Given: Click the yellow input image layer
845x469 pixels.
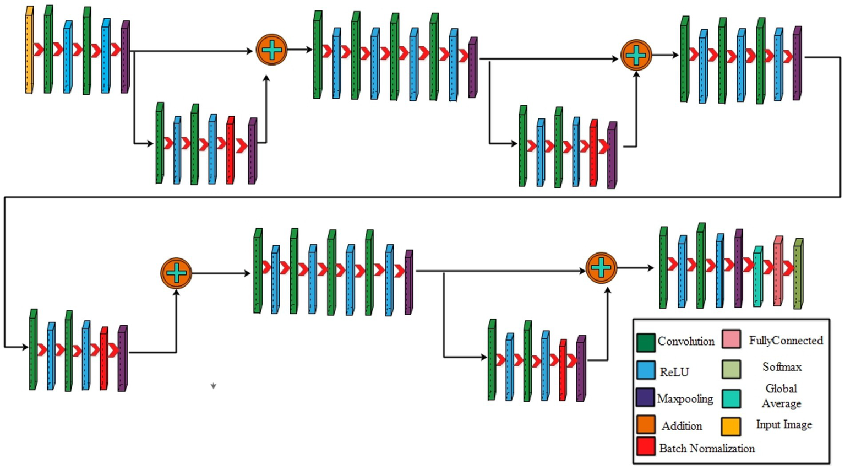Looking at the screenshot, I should [x=29, y=51].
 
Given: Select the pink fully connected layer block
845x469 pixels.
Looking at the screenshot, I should [x=778, y=272].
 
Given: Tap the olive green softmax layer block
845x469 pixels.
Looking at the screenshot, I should [x=798, y=274].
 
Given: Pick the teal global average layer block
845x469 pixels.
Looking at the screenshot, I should [x=757, y=277].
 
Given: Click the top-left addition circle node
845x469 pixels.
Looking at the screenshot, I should [x=271, y=50].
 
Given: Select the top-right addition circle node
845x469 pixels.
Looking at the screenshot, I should [x=636, y=55].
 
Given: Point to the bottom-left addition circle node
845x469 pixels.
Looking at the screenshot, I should [x=176, y=273].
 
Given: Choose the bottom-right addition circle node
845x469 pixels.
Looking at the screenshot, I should [x=601, y=268].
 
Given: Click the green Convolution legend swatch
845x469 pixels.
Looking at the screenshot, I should [x=646, y=342].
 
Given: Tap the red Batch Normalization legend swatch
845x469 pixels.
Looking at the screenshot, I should [x=646, y=446].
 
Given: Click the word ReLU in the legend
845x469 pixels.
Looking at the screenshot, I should [x=674, y=373].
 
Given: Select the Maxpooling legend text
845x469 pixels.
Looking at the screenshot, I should [x=685, y=399].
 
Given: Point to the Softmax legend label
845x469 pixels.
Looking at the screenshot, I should [x=782, y=367].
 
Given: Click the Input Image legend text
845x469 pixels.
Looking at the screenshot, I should [x=784, y=425].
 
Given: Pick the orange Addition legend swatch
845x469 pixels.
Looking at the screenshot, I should [x=646, y=425].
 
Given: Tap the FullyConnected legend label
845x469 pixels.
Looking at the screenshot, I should [x=786, y=341].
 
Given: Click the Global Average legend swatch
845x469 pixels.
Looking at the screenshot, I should [x=731, y=398].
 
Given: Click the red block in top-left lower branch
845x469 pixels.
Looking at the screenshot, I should [x=230, y=150].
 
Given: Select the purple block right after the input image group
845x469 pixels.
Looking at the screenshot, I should [x=125, y=57].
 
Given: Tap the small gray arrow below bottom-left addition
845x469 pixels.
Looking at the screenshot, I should [x=214, y=386].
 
